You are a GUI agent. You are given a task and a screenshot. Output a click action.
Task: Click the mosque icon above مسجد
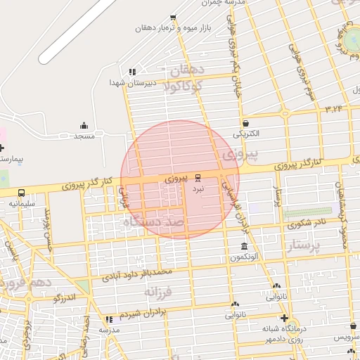click(85, 125)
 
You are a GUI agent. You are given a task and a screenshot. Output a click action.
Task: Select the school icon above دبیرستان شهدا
click(131, 72)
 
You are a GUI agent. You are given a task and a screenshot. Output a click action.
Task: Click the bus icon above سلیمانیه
click(21, 192)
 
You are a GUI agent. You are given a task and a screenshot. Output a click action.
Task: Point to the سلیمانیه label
click(21, 203)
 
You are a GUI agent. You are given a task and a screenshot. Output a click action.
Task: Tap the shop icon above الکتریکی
click(245, 122)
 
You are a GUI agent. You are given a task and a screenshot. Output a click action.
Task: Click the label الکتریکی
click(246, 133)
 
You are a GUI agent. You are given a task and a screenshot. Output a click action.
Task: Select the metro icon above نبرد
click(198, 177)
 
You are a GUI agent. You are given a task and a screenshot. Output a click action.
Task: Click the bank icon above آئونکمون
click(244, 247)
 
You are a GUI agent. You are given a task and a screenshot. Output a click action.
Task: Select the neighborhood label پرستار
click(304, 246)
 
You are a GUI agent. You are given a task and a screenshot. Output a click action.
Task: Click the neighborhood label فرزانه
click(158, 290)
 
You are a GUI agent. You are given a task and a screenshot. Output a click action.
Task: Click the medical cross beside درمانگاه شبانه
click(283, 319)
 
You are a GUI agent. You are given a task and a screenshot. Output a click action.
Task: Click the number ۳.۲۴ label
click(333, 108)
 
